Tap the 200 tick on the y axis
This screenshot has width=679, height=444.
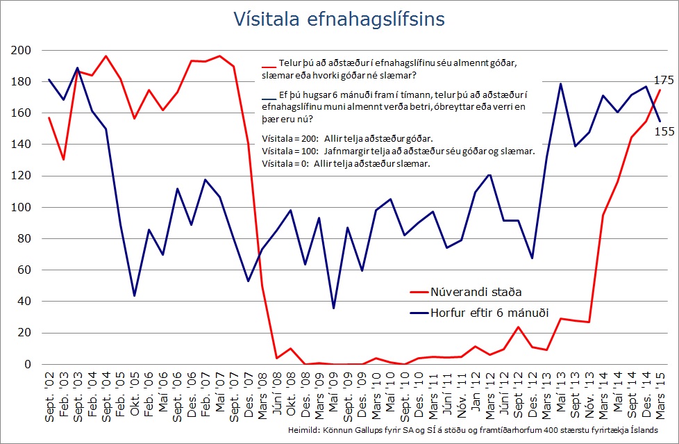tap(22, 50)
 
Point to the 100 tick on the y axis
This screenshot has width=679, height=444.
tap(22, 207)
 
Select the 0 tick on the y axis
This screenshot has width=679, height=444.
tap(28, 364)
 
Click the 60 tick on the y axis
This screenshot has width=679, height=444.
tap(25, 270)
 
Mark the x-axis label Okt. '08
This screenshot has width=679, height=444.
tap(290, 398)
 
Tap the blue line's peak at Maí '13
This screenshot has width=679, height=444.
tap(560, 84)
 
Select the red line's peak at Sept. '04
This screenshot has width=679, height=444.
tap(106, 56)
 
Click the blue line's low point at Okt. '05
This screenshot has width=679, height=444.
tap(135, 296)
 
